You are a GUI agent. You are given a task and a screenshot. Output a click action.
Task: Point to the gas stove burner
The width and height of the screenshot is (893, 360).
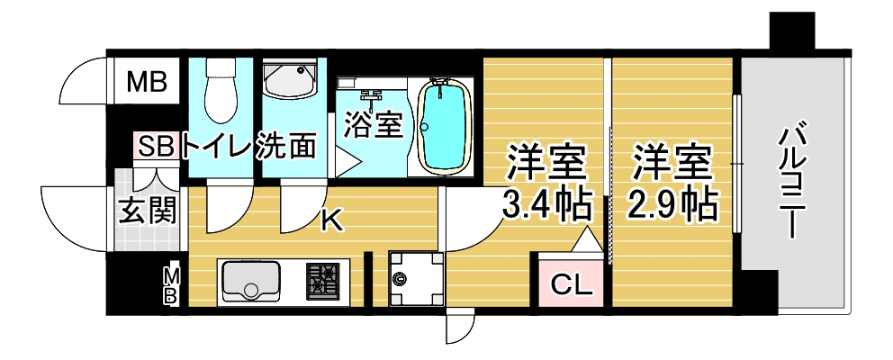tap(322, 281)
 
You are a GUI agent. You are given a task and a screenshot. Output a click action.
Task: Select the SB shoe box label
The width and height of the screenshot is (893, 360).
tap(156, 147)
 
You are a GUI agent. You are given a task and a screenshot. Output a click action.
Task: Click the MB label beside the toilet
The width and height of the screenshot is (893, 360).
tap(147, 82)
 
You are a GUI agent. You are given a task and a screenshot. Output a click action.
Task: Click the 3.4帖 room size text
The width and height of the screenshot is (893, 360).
tap(545, 205)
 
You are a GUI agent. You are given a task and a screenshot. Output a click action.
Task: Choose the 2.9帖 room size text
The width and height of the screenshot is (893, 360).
tap(672, 205)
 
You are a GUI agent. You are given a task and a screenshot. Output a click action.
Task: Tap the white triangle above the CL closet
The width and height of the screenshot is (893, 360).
tap(587, 239)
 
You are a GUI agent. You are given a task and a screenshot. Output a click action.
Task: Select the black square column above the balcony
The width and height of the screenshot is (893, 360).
tap(792, 31)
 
